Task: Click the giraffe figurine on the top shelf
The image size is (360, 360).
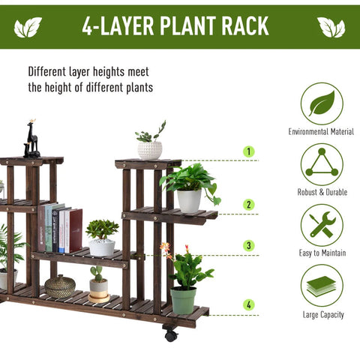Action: pos(31,139)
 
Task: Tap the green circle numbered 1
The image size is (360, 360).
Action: pos(248,151)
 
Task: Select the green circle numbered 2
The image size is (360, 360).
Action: pos(248,204)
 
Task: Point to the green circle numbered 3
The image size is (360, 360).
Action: pos(248,245)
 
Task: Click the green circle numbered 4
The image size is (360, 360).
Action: pos(248,304)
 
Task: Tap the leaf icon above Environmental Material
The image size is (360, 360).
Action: pos(322,103)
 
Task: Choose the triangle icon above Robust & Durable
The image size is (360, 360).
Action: pos(322,164)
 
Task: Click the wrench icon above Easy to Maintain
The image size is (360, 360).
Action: pos(322,225)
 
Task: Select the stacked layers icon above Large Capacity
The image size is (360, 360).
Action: pos(322,286)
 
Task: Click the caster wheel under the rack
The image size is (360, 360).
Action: pos(171,334)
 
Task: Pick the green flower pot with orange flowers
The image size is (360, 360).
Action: pos(182,299)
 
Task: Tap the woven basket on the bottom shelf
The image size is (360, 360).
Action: pos(60,286)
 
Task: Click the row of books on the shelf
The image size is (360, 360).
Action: pos(61,228)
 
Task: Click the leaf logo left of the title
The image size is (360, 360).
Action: pos(28,27)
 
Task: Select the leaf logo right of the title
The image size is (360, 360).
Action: pos(331,27)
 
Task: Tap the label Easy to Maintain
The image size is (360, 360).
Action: pos(322,253)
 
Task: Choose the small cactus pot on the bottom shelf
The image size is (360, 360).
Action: pos(98,285)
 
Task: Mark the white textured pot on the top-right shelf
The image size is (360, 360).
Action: pos(150,150)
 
